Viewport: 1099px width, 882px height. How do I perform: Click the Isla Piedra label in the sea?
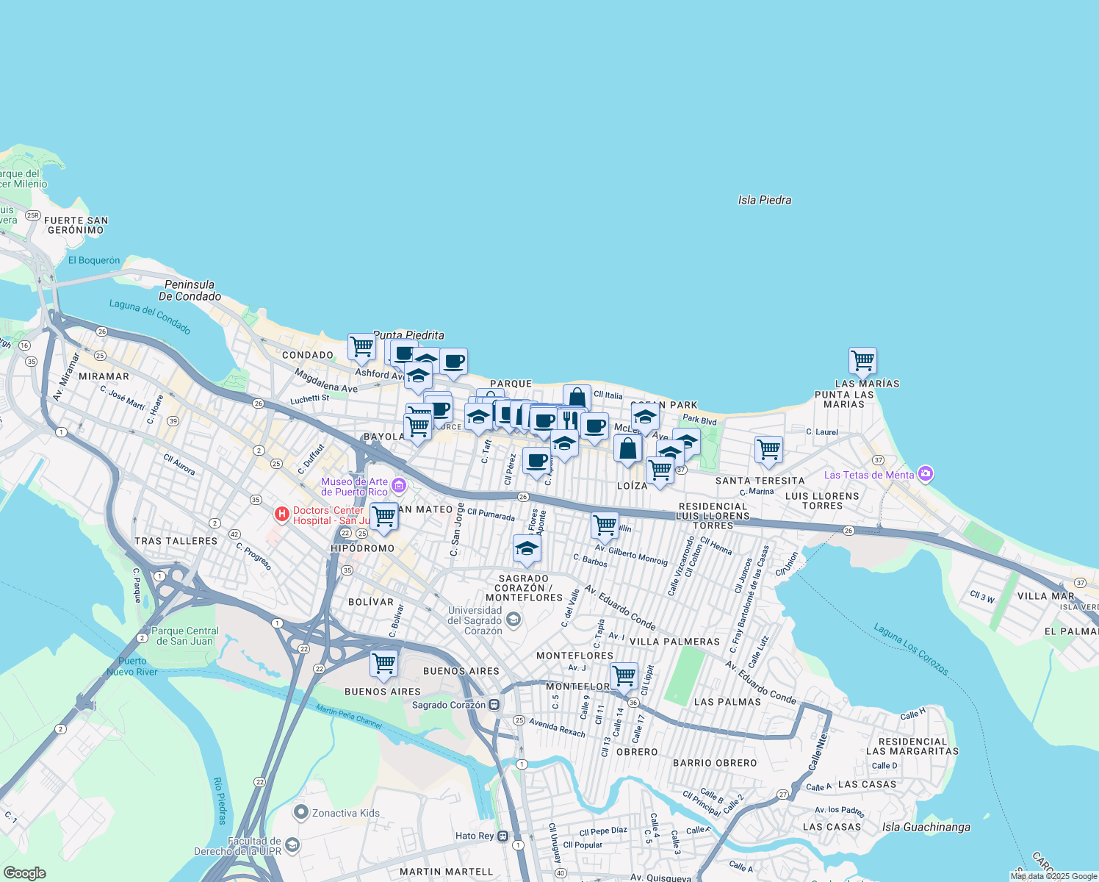pos(764,200)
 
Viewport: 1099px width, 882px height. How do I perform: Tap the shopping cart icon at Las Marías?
pos(862,361)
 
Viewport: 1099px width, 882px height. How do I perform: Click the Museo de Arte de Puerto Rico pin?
pos(399,485)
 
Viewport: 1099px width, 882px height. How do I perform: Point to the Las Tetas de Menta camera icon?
pos(926,474)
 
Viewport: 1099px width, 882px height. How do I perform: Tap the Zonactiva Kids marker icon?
pos(300,813)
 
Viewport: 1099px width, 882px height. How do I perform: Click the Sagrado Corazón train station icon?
pos(494,704)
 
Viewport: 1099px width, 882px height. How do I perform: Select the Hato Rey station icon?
pos(502,836)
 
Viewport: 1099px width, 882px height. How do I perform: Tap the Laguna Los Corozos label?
pos(911,649)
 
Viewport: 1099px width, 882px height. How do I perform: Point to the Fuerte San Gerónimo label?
pos(76,225)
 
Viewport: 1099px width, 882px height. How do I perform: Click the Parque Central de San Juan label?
pos(185,636)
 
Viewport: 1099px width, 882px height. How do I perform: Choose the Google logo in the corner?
pos(25,873)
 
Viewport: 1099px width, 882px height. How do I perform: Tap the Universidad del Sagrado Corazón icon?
pos(514,620)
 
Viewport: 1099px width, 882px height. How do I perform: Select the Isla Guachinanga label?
pos(926,827)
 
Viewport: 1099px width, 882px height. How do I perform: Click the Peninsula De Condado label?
pos(190,290)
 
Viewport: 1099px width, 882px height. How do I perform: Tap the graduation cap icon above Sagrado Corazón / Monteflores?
pos(527,548)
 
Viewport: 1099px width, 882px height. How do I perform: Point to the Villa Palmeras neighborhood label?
pos(674,642)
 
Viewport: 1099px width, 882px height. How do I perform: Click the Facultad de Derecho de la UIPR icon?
pos(292,845)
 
